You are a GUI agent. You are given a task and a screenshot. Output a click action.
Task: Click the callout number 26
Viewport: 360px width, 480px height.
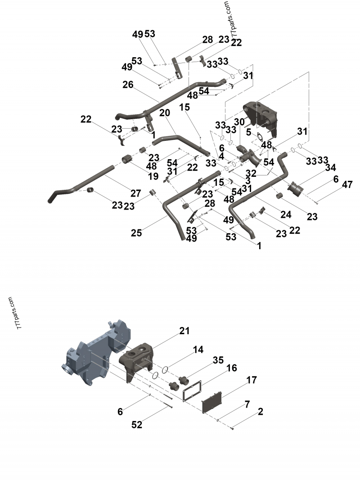tap(128, 85)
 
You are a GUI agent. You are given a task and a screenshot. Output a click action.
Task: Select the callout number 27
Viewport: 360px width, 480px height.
tap(136, 193)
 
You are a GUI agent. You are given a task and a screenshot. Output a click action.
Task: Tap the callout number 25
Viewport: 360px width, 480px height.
tap(136, 233)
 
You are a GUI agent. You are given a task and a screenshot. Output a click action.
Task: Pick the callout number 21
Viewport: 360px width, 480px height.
tap(184, 331)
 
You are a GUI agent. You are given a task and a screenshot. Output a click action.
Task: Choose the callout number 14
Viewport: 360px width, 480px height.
tap(198, 350)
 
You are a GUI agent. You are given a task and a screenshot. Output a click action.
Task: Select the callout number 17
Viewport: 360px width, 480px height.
tap(251, 381)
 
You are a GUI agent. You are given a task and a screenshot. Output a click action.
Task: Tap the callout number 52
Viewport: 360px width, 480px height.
tap(137, 424)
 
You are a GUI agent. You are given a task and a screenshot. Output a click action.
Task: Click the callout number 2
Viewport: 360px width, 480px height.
tap(260, 412)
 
